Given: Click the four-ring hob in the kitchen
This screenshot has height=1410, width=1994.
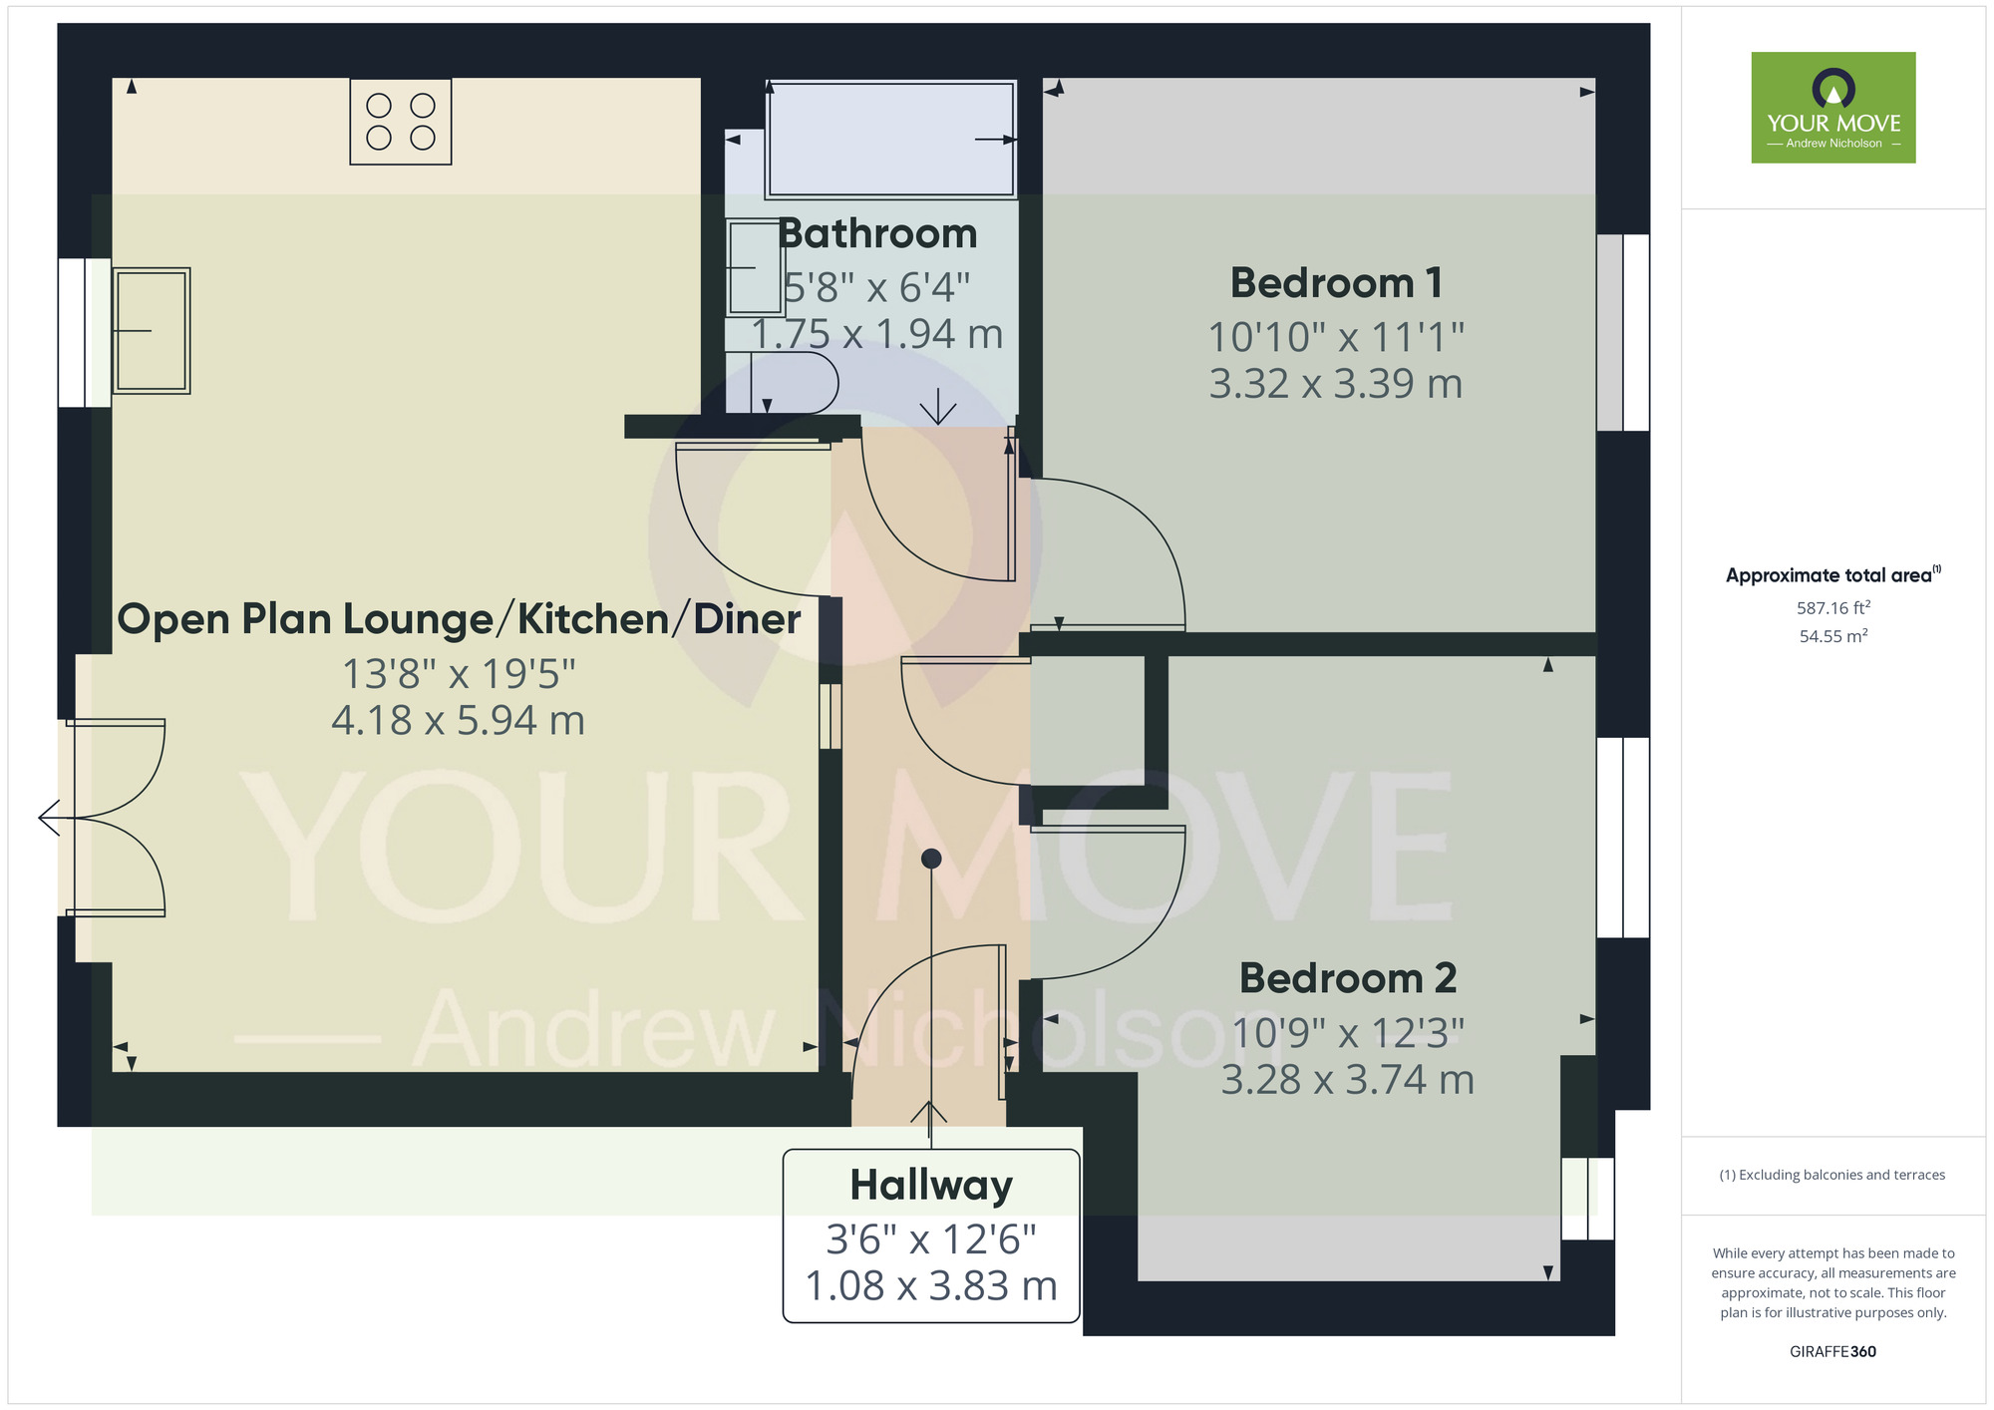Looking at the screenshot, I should [x=401, y=122].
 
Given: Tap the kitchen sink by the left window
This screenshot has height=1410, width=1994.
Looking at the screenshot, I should [x=152, y=330].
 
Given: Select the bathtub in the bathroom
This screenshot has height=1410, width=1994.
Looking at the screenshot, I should [x=890, y=140].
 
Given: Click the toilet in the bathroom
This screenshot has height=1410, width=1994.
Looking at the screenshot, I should [x=793, y=382].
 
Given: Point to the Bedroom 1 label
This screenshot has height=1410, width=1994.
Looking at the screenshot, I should [x=1336, y=283].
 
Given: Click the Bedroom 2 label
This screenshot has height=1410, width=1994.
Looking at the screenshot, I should [x=1348, y=978].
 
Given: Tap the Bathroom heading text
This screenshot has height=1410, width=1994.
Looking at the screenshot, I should [x=877, y=234].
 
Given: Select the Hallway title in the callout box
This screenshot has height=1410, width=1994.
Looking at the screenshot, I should [x=931, y=1186].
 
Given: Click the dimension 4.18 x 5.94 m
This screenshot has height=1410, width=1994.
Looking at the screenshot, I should [x=458, y=721].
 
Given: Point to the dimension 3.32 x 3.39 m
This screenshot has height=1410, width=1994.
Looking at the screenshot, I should [x=1336, y=384].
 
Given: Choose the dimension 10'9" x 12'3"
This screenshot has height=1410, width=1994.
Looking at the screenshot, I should [x=1348, y=1034].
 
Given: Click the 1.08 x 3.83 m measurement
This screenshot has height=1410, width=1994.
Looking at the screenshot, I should [x=931, y=1286].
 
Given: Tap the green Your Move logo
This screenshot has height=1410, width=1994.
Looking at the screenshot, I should [x=1833, y=108].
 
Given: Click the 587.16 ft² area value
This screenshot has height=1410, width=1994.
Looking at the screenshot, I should [x=1833, y=607].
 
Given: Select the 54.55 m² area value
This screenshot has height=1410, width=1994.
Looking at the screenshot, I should [x=1833, y=636].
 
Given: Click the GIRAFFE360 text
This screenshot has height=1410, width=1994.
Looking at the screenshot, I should [x=1833, y=1352].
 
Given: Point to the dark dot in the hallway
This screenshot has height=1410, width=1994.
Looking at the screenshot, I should [x=931, y=859].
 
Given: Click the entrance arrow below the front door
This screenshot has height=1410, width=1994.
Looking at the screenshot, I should [x=929, y=1119].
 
